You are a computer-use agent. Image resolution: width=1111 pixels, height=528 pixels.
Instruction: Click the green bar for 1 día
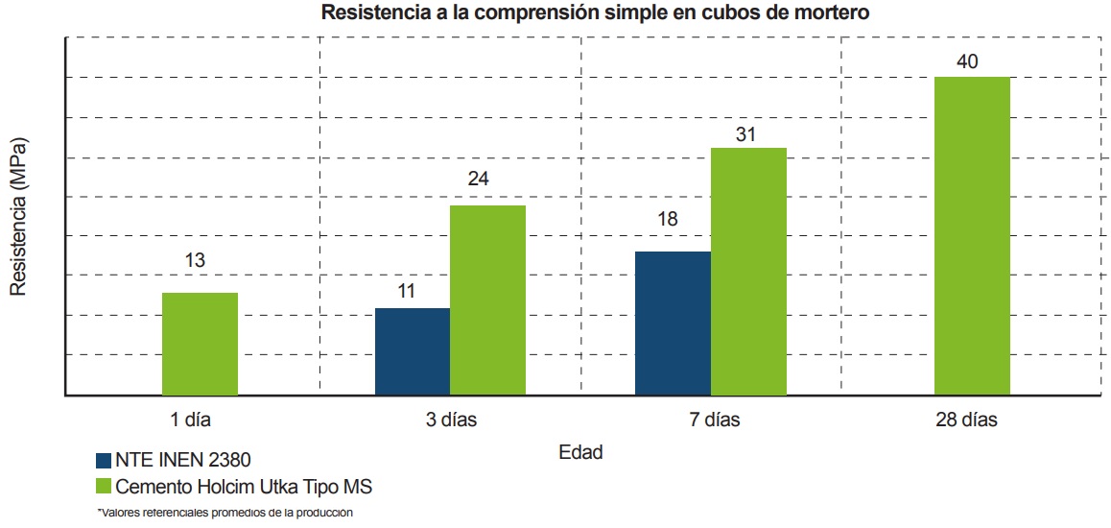coord(200,344)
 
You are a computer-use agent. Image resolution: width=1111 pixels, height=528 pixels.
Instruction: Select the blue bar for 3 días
coord(413,351)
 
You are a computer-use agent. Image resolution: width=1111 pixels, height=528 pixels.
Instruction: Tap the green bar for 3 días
coord(487,300)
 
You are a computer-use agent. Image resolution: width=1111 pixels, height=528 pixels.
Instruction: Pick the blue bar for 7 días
coord(673,323)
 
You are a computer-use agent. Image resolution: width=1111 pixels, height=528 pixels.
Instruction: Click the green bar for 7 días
coord(748,271)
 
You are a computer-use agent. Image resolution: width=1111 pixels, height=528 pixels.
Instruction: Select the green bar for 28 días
coord(972,235)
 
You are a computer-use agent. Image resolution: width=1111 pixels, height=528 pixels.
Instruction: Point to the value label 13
coord(196,260)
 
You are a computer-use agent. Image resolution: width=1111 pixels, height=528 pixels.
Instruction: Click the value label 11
coord(406,290)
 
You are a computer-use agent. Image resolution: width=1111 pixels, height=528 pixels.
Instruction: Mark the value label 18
coord(667,219)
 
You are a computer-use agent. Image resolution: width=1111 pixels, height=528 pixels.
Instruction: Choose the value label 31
coord(745,134)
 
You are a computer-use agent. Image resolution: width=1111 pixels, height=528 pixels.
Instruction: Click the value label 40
coord(968,62)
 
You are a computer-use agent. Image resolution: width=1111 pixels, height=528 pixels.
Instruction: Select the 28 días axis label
coord(967,420)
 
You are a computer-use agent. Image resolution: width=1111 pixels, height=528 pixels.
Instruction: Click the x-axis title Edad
coord(580,452)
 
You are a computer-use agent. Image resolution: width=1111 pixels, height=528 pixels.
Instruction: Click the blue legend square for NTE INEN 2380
coord(104,459)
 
